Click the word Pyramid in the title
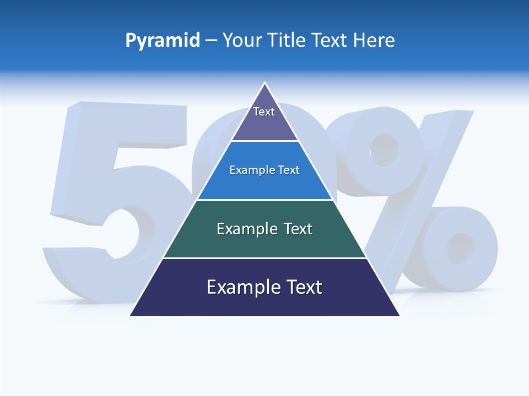click(162, 41)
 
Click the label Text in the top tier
click(264, 112)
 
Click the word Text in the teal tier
click(298, 229)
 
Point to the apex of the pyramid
click(265, 84)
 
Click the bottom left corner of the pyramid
click(131, 315)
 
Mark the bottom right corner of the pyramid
click(400, 315)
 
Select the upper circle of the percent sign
click(383, 148)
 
